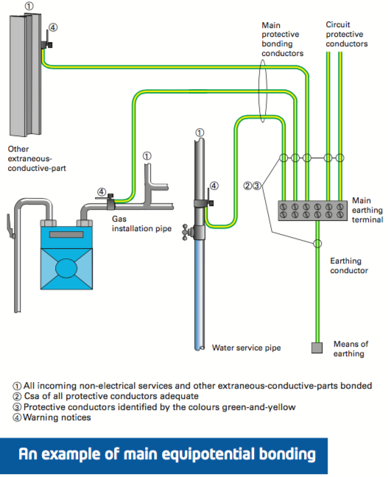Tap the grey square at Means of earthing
(x=317, y=347)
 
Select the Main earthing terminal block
(x=312, y=211)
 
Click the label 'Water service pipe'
(x=246, y=347)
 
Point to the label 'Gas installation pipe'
(x=141, y=224)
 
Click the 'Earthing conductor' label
(x=349, y=266)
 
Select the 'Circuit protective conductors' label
(x=347, y=34)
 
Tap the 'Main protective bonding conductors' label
(x=283, y=39)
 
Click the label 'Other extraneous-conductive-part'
(x=37, y=158)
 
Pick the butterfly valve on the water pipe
(x=185, y=233)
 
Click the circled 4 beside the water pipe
(x=214, y=186)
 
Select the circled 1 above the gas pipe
(x=147, y=156)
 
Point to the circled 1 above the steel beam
(x=29, y=6)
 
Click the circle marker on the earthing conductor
(x=317, y=244)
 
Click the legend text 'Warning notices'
(x=57, y=417)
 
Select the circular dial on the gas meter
(x=66, y=268)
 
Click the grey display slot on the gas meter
(x=66, y=234)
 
